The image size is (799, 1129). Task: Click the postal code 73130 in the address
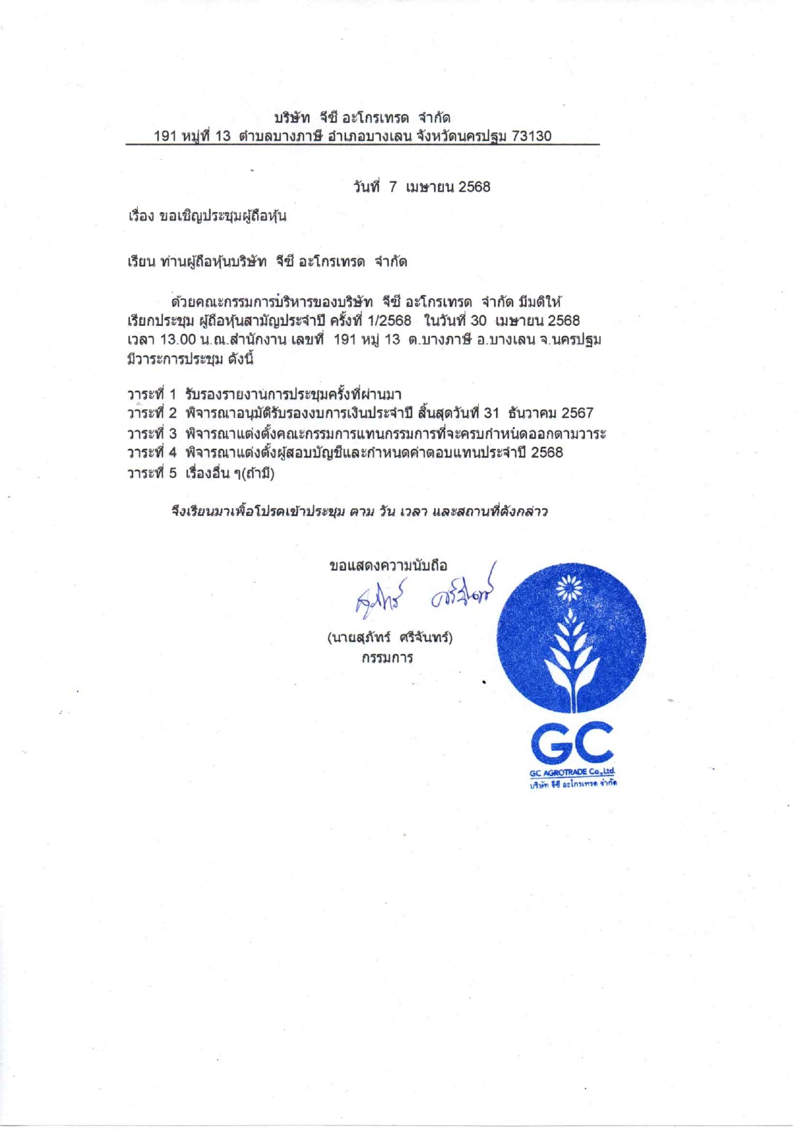point(532,136)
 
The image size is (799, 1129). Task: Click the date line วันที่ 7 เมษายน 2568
point(422,187)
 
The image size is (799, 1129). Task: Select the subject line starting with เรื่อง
point(207,216)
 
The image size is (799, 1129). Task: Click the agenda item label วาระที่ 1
point(151,394)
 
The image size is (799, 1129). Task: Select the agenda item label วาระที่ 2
point(151,413)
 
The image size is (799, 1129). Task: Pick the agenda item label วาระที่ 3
point(151,433)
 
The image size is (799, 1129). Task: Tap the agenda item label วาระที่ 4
point(151,453)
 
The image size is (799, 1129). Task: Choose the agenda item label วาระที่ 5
point(151,473)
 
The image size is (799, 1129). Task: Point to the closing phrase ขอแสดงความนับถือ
point(388,566)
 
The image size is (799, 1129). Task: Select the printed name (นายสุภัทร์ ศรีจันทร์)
point(390,638)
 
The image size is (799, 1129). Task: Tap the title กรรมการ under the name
point(387,658)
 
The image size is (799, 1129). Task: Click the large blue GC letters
point(572,743)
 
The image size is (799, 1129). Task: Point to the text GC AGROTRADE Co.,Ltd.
point(572,772)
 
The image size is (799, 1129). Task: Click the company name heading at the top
point(362,118)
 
